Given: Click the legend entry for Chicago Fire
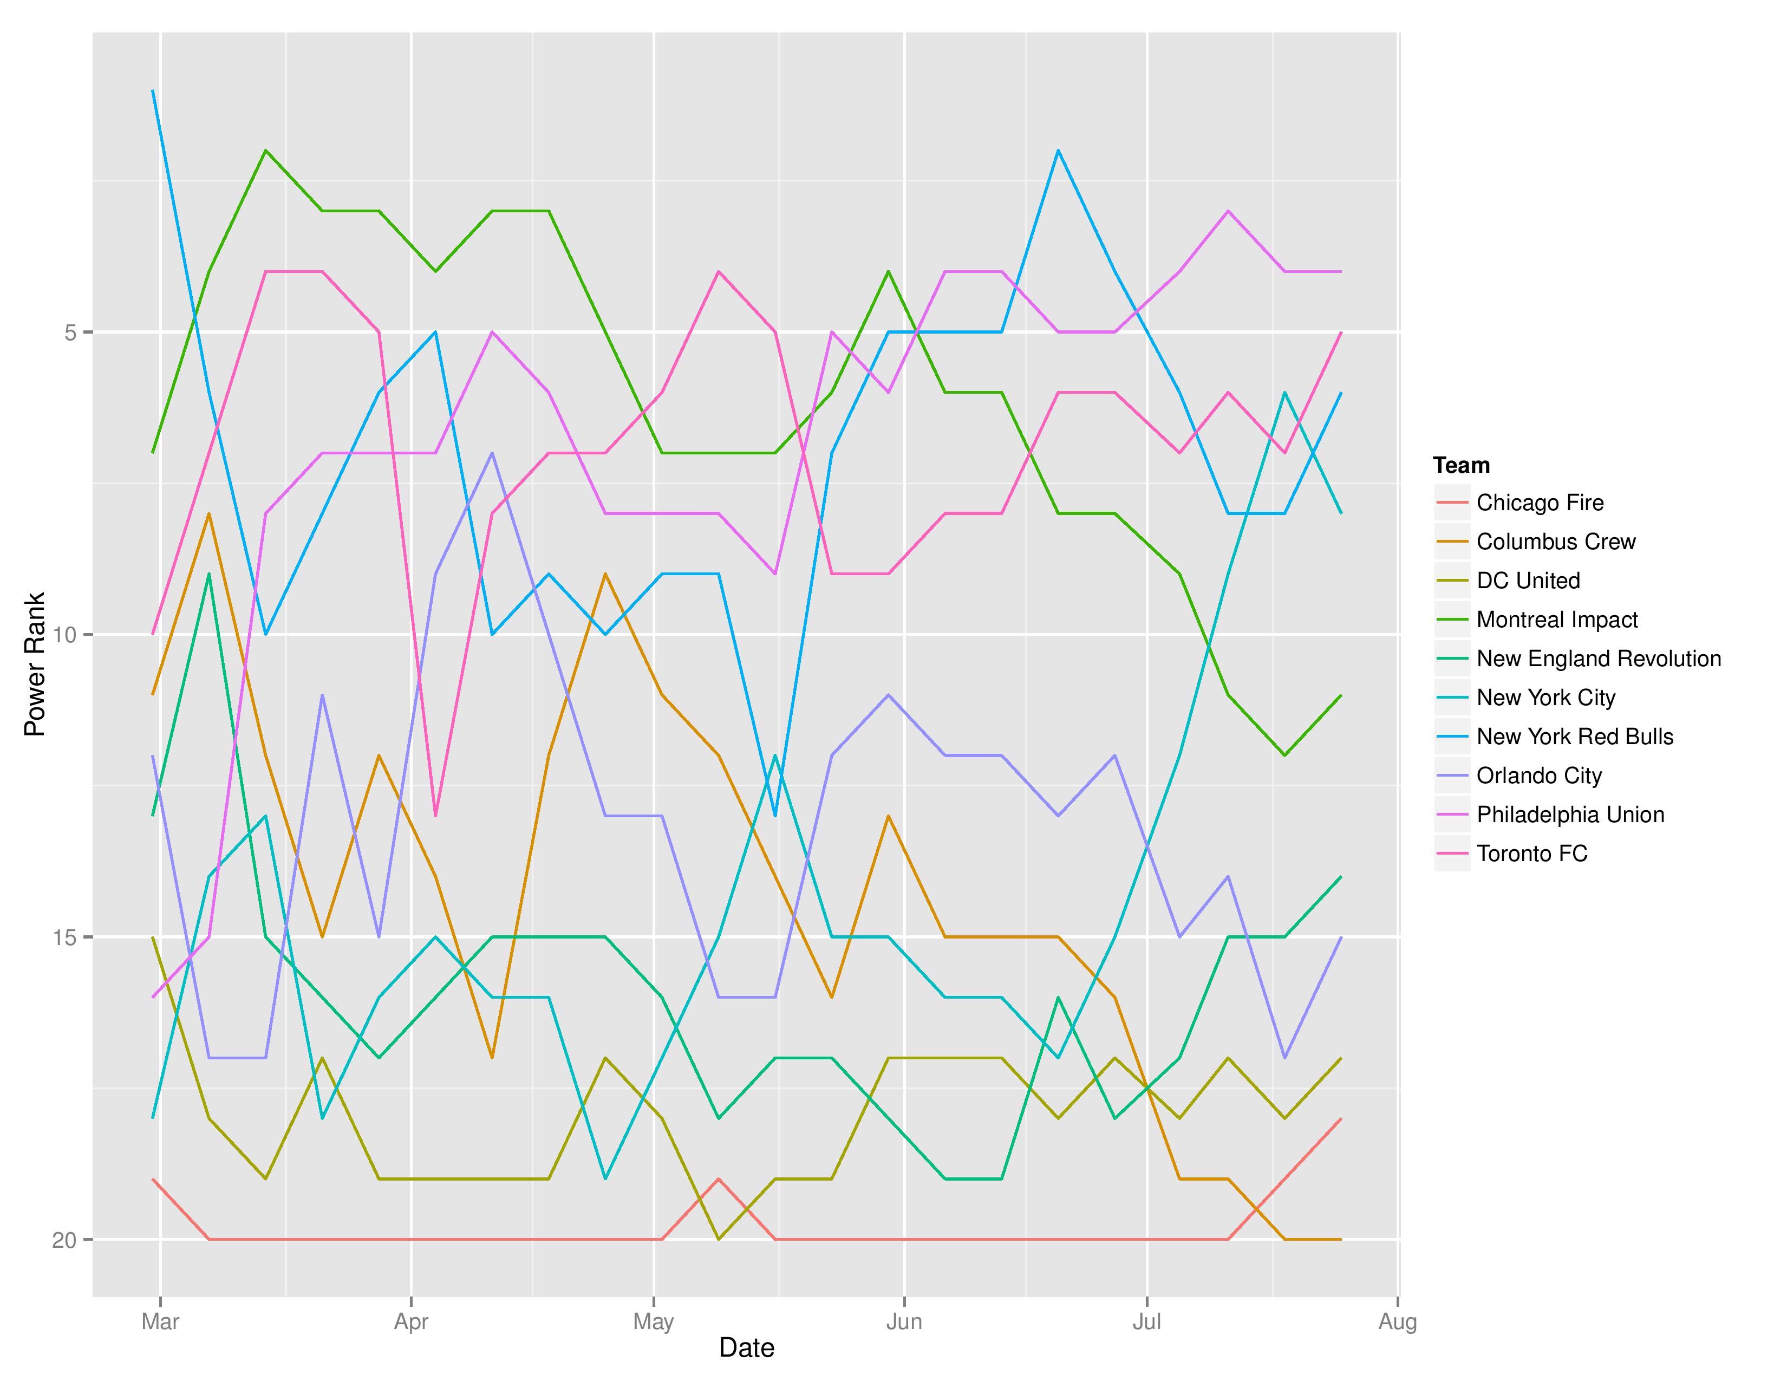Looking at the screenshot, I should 1539,503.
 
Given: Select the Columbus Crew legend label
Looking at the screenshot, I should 1555,542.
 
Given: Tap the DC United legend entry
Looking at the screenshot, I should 1528,581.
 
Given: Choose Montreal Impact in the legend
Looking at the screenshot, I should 1556,620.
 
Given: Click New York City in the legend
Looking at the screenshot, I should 1545,698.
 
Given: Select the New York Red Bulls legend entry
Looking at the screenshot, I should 1574,737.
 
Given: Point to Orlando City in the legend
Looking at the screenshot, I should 1538,776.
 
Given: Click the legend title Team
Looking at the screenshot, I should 1462,466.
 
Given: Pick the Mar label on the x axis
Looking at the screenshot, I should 160,1321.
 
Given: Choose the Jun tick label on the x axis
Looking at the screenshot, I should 903,1321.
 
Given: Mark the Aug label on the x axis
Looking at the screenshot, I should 1398,1321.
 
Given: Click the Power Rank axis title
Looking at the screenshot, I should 34,665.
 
